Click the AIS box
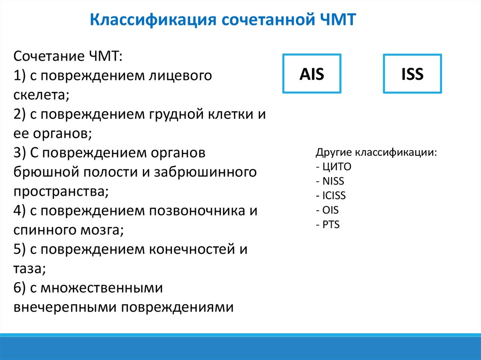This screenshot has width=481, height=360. click(x=311, y=74)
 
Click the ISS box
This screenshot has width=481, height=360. click(x=412, y=74)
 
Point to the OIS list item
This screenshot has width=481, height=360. click(x=330, y=210)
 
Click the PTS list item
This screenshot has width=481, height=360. click(x=331, y=224)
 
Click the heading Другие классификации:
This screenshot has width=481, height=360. click(x=376, y=153)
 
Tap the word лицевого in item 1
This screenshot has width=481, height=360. click(x=181, y=76)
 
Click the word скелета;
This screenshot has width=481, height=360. click(x=41, y=95)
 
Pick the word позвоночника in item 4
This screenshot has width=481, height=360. click(x=196, y=211)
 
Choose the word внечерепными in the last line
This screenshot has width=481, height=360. click(x=66, y=307)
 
